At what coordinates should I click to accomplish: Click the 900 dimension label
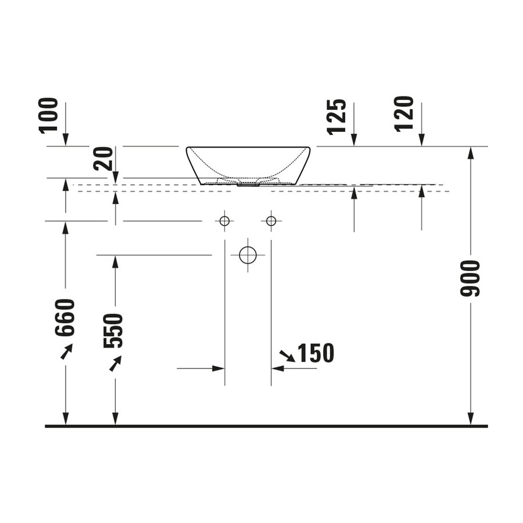[470, 279]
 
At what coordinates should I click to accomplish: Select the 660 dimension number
[65, 317]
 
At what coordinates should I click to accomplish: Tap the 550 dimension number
[114, 330]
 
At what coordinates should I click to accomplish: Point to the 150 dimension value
[316, 353]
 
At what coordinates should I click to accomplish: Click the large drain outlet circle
[248, 255]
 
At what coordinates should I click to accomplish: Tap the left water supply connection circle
[224, 221]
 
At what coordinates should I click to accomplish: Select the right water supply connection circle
[271, 221]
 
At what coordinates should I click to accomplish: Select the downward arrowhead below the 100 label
[65, 139]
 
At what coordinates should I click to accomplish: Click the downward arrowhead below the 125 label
[354, 139]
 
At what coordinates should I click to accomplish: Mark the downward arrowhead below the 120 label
[422, 139]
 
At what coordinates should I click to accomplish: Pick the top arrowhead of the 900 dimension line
[470, 152]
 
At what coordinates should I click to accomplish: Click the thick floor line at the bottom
[266, 426]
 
